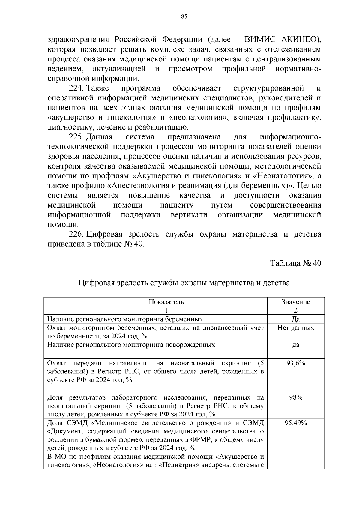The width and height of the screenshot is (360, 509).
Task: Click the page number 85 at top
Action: [184, 17]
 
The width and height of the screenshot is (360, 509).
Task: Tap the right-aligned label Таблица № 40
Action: [296, 263]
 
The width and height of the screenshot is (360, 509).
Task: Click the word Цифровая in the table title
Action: [97, 283]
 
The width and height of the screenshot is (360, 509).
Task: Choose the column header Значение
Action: [296, 302]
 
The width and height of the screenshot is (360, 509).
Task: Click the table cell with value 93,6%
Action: [296, 363]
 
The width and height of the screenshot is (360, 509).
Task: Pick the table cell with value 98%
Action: [296, 397]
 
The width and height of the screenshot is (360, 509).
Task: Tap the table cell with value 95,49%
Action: [296, 423]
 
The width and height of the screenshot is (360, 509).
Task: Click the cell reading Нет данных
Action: [296, 328]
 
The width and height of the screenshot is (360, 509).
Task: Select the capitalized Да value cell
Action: [296, 319]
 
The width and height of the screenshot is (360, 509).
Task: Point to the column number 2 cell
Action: [296, 310]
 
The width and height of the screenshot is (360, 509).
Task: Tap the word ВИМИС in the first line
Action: [262, 40]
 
